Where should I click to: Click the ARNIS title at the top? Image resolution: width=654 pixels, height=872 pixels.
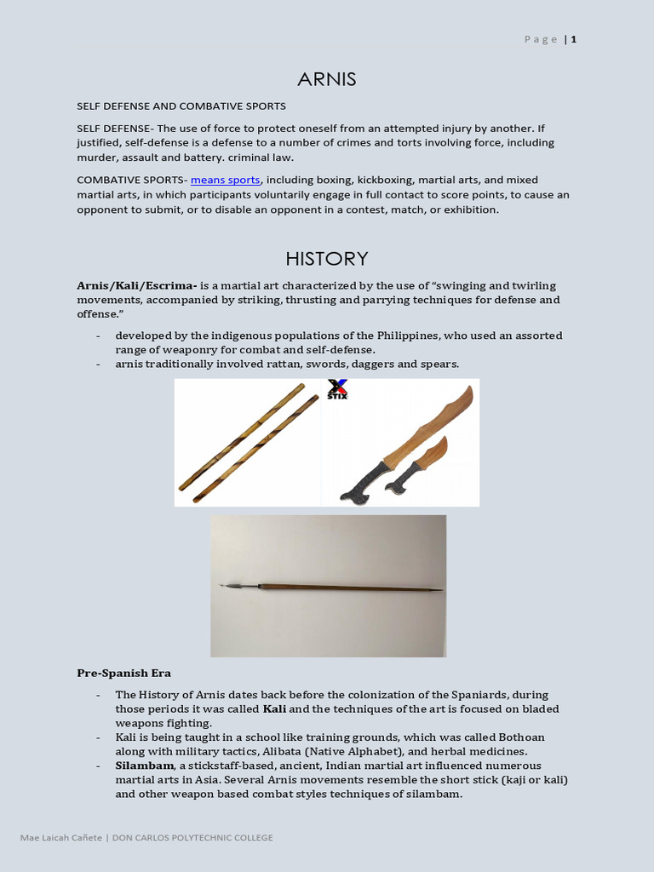tap(327, 79)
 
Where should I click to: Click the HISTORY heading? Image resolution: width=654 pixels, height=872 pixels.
tap(327, 258)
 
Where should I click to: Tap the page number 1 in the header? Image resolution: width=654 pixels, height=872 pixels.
tap(574, 39)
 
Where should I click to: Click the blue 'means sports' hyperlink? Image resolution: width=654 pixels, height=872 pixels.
tap(226, 180)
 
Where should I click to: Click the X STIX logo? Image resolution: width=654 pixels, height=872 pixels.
tap(337, 390)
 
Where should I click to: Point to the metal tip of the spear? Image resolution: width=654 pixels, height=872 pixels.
tap(230, 586)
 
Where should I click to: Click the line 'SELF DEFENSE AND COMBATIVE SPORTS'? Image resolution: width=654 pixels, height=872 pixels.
tap(181, 106)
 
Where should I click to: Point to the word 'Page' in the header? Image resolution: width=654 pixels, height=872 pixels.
tap(542, 39)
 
